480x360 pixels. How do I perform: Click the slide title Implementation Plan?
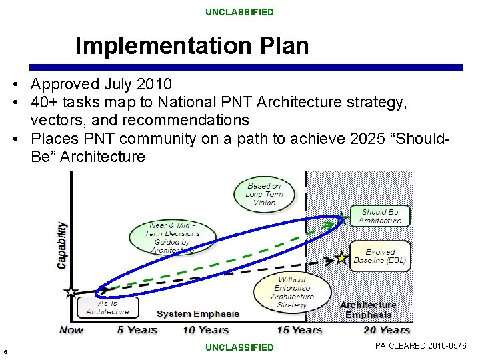192,46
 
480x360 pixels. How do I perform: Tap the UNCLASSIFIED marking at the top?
239,12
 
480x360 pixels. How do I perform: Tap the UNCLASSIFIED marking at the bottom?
239,347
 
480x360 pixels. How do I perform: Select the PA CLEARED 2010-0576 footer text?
421,346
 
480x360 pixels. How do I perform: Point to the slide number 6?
5,352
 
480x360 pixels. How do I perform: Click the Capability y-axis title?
62,245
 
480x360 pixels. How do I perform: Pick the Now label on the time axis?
71,329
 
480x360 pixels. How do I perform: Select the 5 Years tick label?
137,329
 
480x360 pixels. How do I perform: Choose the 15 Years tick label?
299,329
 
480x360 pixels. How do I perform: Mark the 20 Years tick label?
387,329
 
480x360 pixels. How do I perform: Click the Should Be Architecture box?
379,216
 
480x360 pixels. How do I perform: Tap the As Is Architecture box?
107,307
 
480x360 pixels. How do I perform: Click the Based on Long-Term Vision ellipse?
264,194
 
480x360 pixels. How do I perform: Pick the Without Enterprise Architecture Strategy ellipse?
292,292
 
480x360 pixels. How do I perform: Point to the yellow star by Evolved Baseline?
341,257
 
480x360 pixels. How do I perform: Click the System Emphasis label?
198,313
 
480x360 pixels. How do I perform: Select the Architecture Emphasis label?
368,310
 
